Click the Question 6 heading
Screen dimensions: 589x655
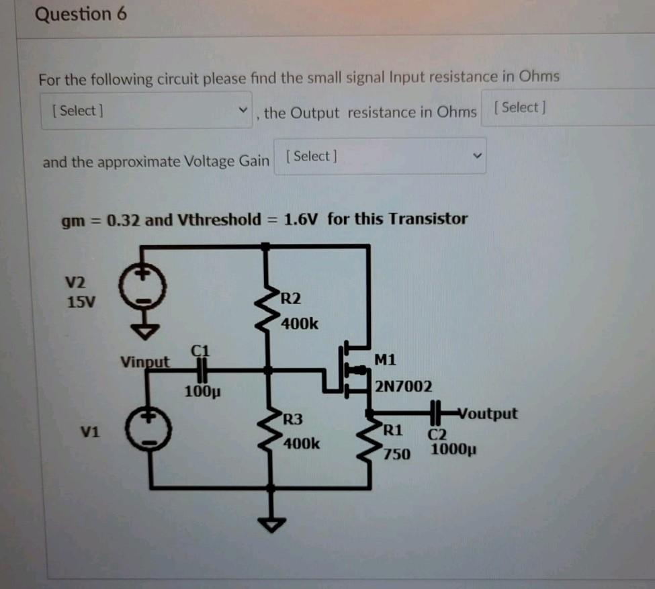coord(81,14)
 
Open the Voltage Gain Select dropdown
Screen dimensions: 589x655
coord(380,156)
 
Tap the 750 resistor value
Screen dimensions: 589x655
coord(398,455)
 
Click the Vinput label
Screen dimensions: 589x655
coord(145,361)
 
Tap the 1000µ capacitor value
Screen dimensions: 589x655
coord(453,449)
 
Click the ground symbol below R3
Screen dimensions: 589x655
coord(271,523)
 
